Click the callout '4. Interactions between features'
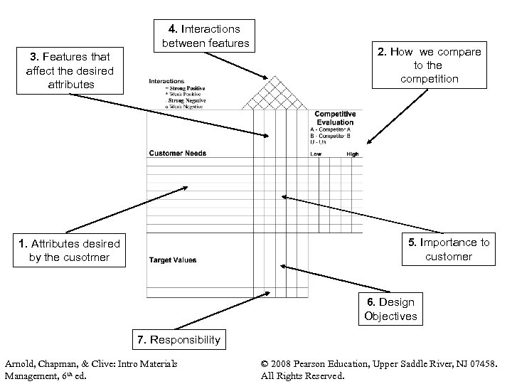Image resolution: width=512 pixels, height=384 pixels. (x=206, y=36)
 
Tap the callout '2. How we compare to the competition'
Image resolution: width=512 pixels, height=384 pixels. (x=439, y=65)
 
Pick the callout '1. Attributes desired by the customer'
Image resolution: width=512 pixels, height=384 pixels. (x=70, y=250)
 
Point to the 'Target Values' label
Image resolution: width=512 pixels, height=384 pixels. (x=172, y=260)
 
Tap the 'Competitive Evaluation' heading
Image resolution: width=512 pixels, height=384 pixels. (x=335, y=118)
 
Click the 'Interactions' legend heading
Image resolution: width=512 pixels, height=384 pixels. (x=166, y=81)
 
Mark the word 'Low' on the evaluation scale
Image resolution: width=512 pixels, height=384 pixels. (x=316, y=154)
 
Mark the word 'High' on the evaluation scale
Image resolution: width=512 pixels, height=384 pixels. (x=352, y=154)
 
